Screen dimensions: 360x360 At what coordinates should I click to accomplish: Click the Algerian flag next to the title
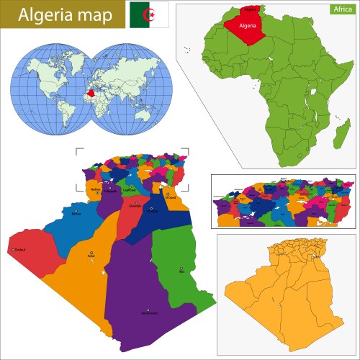point(149,14)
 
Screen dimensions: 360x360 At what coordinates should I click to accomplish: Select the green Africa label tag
point(341,9)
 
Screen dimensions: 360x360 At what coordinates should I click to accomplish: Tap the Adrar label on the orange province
point(91,254)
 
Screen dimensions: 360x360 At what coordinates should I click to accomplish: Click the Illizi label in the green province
point(181,271)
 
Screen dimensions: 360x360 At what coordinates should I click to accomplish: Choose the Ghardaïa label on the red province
point(134,205)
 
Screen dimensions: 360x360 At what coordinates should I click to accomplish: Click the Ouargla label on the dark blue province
point(152,211)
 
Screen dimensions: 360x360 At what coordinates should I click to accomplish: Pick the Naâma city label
point(95,191)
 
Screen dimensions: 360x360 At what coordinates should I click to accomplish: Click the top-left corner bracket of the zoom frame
point(78,151)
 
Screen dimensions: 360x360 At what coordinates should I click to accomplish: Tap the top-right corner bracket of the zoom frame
point(186,151)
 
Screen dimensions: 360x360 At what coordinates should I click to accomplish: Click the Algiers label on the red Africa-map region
point(250,10)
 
